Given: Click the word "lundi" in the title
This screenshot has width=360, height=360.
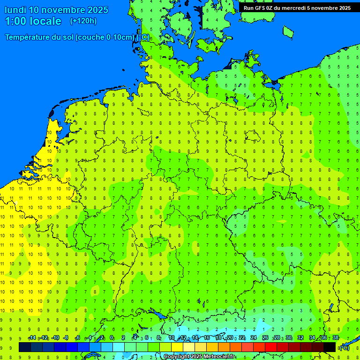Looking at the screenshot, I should [15, 10].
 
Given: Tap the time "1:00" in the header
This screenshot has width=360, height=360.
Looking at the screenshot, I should [15, 21].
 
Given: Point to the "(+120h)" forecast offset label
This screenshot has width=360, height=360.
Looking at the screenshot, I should [83, 21].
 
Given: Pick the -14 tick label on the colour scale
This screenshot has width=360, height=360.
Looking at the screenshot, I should [32, 338].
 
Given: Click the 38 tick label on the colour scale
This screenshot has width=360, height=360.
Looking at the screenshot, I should [335, 338].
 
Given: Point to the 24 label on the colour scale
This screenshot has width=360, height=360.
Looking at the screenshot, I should [254, 338].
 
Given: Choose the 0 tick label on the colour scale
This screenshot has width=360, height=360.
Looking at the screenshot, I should [112, 338].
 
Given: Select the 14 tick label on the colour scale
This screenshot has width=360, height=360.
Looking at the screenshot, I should [195, 338].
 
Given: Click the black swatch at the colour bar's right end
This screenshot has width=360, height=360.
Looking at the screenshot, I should [330, 347].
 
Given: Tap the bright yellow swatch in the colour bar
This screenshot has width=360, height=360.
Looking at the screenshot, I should [177, 347].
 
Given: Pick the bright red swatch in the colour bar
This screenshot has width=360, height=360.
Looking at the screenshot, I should [271, 347].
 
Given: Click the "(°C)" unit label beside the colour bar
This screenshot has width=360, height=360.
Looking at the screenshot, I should [344, 348].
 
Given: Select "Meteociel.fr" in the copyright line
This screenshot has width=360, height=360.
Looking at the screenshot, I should [218, 357].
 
